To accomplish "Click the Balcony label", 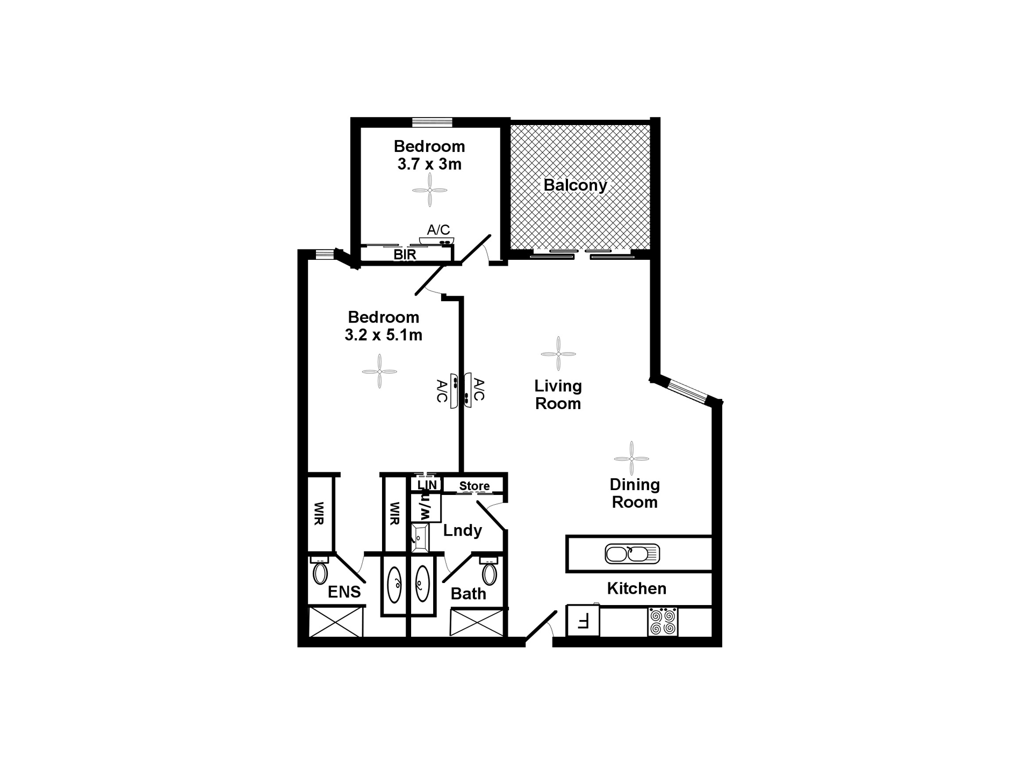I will [x=575, y=185].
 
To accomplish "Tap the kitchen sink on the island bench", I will [x=632, y=553].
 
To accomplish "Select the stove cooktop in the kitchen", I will [x=663, y=622].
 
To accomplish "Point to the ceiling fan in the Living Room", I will [x=558, y=354].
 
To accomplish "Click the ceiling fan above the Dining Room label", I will [x=631, y=458].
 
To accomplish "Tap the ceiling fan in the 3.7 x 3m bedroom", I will [x=429, y=190].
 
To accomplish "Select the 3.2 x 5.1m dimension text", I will [x=383, y=335].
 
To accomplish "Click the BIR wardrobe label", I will [x=405, y=254].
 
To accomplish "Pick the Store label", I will [x=474, y=486].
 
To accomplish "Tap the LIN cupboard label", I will [x=427, y=485].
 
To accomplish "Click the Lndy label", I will [x=462, y=530].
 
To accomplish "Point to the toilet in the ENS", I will [x=320, y=572].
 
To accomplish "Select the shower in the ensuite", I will [x=336, y=622].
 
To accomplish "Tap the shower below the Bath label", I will [x=478, y=623].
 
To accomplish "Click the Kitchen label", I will [x=636, y=588].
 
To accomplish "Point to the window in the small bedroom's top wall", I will [x=432, y=122].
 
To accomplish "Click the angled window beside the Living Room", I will [x=687, y=391].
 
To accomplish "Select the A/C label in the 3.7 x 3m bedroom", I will [x=438, y=230].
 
